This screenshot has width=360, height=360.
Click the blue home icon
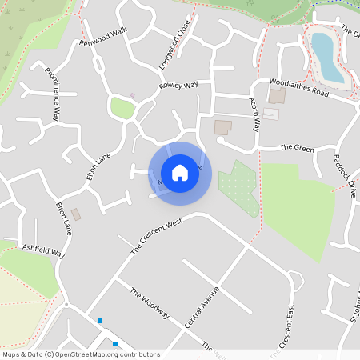pos(180,173)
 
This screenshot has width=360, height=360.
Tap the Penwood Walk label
pos(103,36)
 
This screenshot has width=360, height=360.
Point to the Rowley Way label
pos(178,85)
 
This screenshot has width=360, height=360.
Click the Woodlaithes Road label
pos(298,87)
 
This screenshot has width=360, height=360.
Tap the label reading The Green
pos(296,148)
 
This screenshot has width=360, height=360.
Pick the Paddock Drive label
pos(345,176)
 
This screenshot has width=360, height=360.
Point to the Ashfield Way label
pos(43,250)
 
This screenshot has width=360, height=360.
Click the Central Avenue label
pos(201,306)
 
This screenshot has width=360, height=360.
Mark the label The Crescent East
pos(288,328)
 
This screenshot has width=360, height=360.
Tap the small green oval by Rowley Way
pos(122,108)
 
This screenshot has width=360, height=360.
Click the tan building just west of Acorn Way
pos(222,127)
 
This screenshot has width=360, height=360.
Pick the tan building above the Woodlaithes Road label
pos(276,96)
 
